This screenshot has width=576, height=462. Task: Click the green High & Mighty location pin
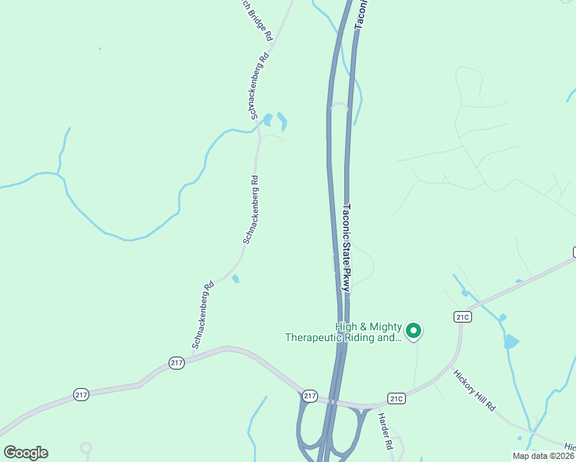click(414, 331)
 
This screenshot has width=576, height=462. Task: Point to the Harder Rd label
click(385, 432)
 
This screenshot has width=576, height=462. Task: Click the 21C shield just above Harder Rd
click(397, 398)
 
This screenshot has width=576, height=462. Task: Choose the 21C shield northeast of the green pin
click(462, 316)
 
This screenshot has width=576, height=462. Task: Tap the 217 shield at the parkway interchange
click(310, 396)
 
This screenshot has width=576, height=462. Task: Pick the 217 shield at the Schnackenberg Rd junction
click(176, 362)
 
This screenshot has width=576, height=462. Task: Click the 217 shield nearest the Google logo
click(82, 394)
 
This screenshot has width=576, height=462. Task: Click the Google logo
click(25, 453)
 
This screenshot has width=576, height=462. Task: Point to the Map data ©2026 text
click(543, 456)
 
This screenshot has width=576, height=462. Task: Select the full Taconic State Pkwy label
click(347, 246)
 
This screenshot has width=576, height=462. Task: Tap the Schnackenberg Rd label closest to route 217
click(202, 314)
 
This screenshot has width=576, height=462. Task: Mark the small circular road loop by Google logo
click(85, 447)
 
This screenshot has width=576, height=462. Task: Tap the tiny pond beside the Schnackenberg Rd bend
click(235, 279)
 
